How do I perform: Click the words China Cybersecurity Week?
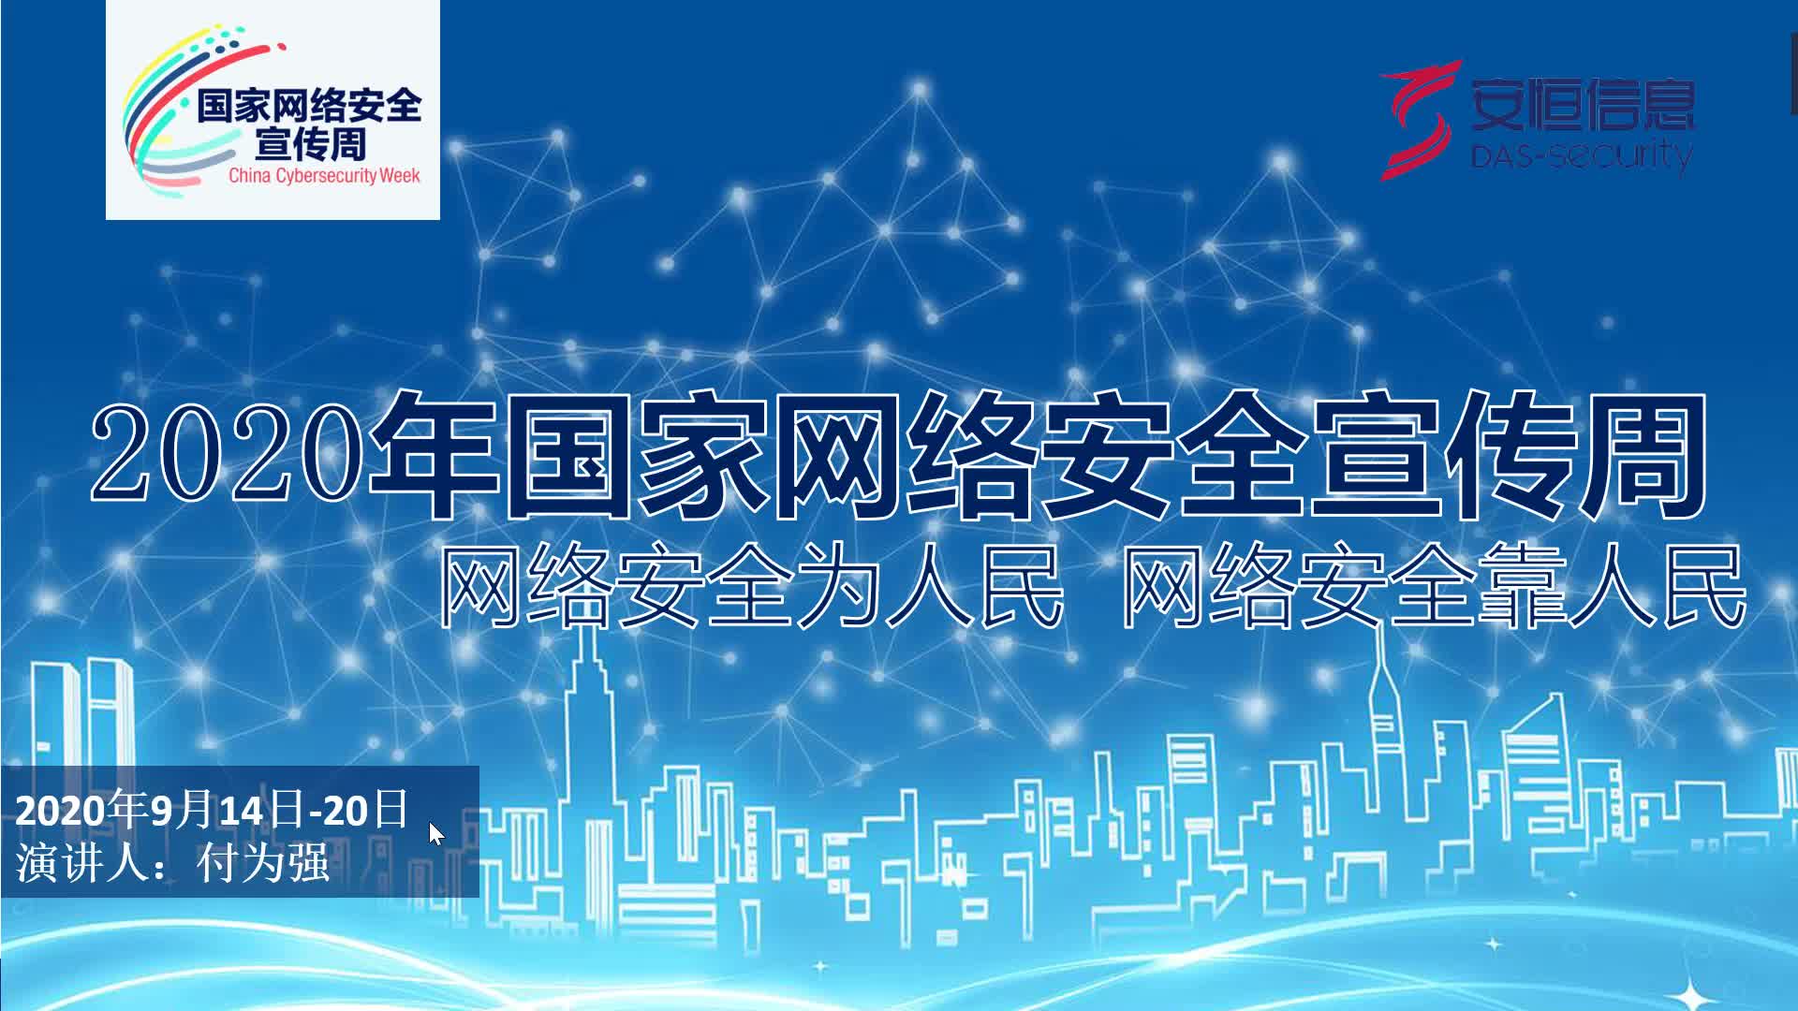[x=324, y=175]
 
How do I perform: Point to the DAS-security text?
[x=1581, y=154]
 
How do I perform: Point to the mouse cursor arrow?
[x=435, y=833]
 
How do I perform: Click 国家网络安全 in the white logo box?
[x=309, y=107]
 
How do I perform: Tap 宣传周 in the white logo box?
[x=310, y=145]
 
